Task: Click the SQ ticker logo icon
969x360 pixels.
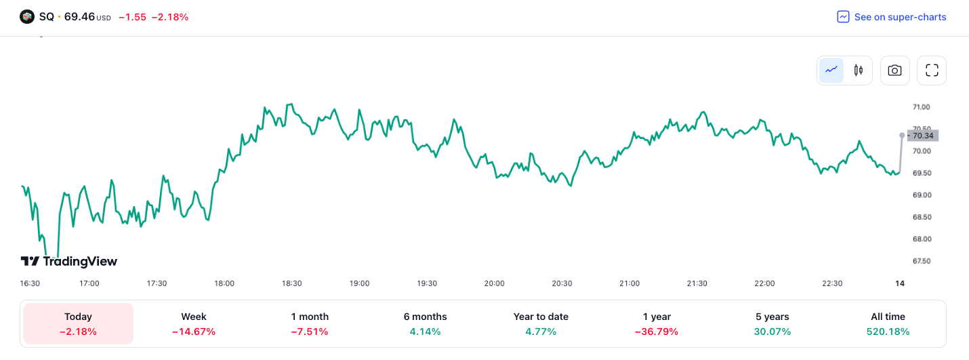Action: click(x=27, y=17)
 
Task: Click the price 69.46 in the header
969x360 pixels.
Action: click(x=79, y=17)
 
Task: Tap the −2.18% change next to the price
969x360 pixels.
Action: click(x=171, y=17)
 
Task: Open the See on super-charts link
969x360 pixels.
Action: click(x=892, y=17)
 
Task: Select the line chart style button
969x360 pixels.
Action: click(x=831, y=70)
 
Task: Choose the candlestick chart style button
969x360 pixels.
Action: click(x=859, y=70)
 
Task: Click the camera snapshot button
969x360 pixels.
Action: click(x=894, y=70)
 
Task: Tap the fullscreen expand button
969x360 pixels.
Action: click(x=932, y=70)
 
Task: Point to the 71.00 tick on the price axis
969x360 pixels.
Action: click(x=921, y=107)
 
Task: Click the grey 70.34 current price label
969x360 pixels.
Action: click(x=923, y=136)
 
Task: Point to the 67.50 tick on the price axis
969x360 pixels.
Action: click(x=921, y=261)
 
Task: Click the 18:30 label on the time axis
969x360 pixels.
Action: click(x=292, y=283)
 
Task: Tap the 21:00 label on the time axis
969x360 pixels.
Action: click(x=630, y=283)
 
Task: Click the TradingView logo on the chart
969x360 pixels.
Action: click(x=69, y=261)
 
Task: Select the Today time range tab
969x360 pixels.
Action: click(x=78, y=323)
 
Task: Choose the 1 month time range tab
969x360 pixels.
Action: click(x=310, y=323)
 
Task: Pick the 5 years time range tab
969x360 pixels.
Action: click(x=772, y=323)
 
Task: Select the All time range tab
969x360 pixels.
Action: click(x=888, y=323)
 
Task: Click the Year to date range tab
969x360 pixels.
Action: click(x=541, y=323)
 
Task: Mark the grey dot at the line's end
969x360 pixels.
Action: click(x=901, y=135)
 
